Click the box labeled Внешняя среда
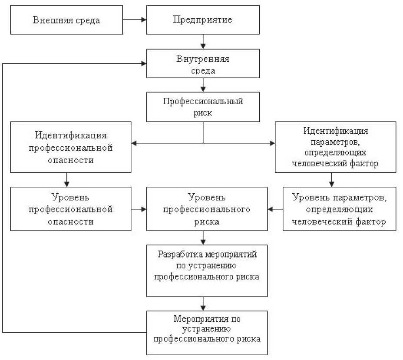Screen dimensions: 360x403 pyautogui.click(x=66, y=20)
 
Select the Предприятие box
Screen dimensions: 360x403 pyautogui.click(x=203, y=20)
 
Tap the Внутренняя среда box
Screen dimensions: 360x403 pyautogui.click(x=203, y=63)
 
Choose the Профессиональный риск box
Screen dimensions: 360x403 pyautogui.click(x=203, y=107)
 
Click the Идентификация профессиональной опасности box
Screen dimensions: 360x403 pyautogui.click(x=71, y=147)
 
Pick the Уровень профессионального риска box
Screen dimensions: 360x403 pyautogui.click(x=207, y=209)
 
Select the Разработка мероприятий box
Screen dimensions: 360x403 pyautogui.click(x=207, y=271)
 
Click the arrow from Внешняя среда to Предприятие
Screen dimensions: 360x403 pyautogui.click(x=134, y=20)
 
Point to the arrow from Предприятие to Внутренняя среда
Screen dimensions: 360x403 pyautogui.click(x=203, y=41)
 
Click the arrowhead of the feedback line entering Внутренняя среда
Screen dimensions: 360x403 pyautogui.click(x=143, y=63)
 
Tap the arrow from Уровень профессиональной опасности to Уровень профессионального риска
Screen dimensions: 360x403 pyautogui.click(x=139, y=209)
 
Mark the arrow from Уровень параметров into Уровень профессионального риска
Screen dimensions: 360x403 pyautogui.click(x=275, y=209)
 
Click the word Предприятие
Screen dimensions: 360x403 pyautogui.click(x=203, y=20)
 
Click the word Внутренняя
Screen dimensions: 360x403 pyautogui.click(x=203, y=59)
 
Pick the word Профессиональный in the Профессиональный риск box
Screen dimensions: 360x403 pyautogui.click(x=203, y=102)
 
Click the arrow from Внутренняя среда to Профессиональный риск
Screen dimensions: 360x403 pyautogui.click(x=203, y=85)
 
